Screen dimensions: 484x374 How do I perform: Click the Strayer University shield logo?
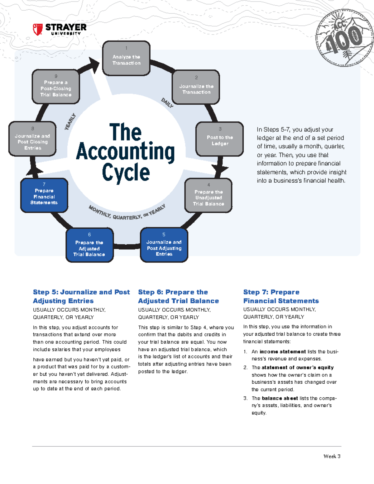pos(37,30)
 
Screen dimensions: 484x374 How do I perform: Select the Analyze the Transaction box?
pos(126,58)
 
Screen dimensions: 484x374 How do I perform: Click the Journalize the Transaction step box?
pos(196,87)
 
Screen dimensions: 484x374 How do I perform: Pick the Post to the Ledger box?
pos(220,139)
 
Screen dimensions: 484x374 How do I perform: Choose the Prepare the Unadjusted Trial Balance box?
pos(209,196)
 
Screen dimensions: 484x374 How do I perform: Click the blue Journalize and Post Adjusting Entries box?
pos(164,245)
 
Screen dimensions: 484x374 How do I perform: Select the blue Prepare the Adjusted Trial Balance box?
pos(89,245)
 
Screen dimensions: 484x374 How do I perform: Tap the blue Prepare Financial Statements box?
pos(44,195)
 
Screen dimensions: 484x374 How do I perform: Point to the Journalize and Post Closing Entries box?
pos(32,139)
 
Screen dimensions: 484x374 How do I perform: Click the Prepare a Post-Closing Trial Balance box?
pos(56,87)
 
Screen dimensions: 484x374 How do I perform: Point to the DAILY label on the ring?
pos(167,103)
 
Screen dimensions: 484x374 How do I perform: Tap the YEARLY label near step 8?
pos(70,122)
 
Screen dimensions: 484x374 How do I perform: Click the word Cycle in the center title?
pos(126,172)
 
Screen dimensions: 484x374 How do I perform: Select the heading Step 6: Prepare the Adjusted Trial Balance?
pos(178,296)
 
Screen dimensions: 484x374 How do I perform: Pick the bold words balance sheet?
pos(280,398)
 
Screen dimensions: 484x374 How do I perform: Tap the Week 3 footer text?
pos(332,456)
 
